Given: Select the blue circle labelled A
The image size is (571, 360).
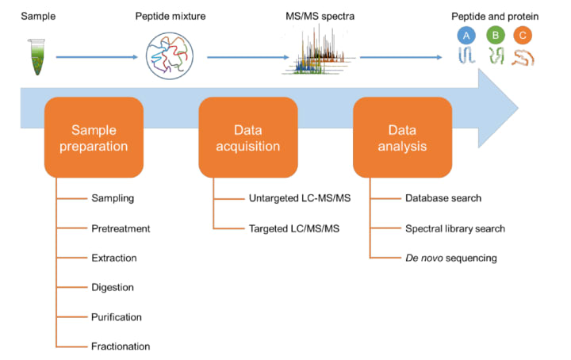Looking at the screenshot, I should [x=466, y=36].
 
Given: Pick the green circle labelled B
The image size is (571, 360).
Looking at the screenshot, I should [x=496, y=36].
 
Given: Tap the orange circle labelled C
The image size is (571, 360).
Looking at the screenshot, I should [x=523, y=36].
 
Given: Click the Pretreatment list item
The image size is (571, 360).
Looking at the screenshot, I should [x=121, y=228].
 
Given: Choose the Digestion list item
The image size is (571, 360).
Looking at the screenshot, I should [x=113, y=287].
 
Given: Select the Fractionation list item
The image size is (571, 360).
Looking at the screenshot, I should [x=121, y=346].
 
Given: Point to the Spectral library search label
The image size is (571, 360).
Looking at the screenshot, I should [x=454, y=228].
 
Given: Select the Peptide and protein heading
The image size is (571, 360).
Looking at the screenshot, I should [x=493, y=15].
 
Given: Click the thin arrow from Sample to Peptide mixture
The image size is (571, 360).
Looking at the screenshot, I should [x=98, y=57].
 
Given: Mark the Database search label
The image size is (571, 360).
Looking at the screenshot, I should [x=443, y=199].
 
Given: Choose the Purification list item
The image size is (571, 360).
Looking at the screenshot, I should [x=117, y=316].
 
